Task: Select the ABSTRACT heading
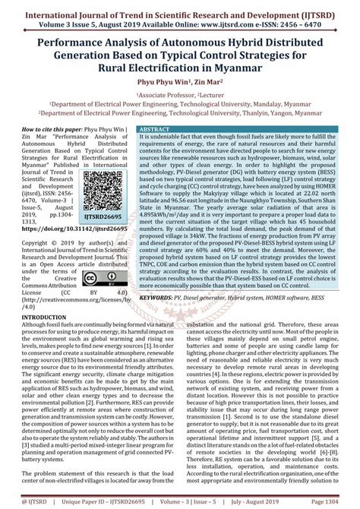point(150,130)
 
